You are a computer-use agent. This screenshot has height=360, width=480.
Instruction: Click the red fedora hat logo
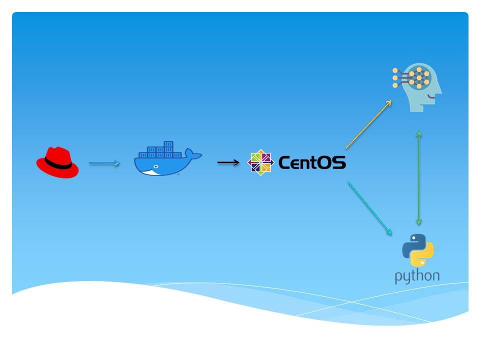(57, 162)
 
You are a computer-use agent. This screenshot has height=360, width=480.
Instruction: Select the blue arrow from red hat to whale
(104, 163)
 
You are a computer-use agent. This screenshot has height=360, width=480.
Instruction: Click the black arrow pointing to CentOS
(228, 162)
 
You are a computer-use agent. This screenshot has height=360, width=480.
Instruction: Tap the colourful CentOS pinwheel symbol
(261, 162)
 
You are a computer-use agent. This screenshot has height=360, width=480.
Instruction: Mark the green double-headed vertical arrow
(419, 177)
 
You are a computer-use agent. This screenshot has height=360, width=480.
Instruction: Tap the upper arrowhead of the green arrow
(419, 134)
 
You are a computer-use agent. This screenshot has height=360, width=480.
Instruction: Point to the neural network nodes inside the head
(418, 77)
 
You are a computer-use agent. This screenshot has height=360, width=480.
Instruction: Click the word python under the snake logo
(417, 276)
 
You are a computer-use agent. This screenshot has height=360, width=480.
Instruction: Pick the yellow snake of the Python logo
(423, 256)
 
